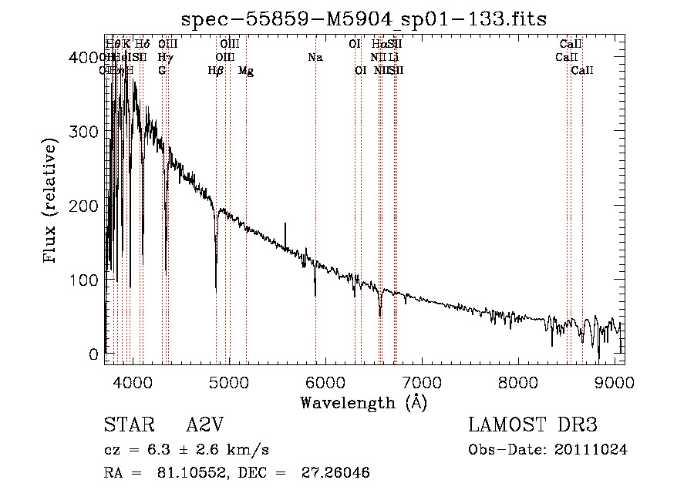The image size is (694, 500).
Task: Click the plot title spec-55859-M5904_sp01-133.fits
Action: pyautogui.click(x=363, y=18)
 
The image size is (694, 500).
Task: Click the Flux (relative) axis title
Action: pyautogui.click(x=51, y=203)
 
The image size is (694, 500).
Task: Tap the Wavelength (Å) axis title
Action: pyautogui.click(x=364, y=402)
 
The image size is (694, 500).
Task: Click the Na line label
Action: pyautogui.click(x=315, y=57)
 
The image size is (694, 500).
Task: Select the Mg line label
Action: pyautogui.click(x=246, y=71)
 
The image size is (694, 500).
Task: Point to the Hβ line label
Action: pyautogui.click(x=216, y=71)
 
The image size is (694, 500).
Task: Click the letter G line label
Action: pyautogui.click(x=162, y=70)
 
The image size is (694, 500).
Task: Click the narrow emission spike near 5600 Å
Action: pyautogui.click(x=286, y=224)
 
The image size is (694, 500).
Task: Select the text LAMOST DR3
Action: pyautogui.click(x=533, y=425)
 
